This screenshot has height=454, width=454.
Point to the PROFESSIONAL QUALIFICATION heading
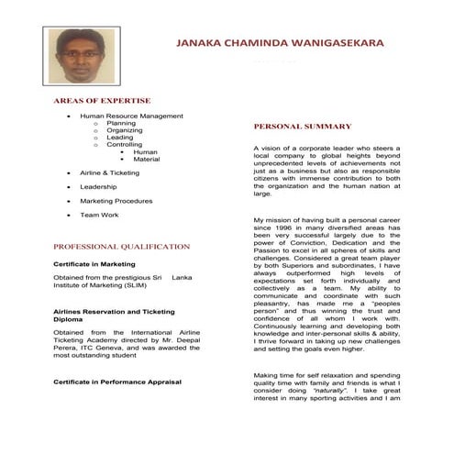[x=121, y=246]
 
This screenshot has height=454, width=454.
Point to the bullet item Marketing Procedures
[x=116, y=200]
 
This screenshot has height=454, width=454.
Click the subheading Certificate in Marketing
[x=94, y=264]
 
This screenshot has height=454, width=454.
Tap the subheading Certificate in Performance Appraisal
[x=117, y=381]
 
